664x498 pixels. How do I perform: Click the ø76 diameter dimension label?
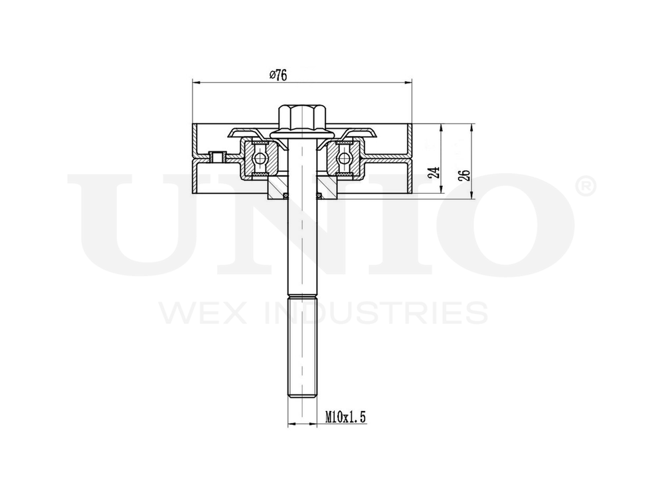[x=278, y=74]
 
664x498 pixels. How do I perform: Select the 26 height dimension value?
[x=465, y=175]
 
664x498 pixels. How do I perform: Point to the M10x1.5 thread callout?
[x=346, y=417]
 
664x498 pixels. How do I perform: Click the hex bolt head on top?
[x=302, y=118]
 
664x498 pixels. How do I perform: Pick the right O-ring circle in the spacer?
[x=319, y=195]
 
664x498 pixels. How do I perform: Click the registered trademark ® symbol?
[x=584, y=187]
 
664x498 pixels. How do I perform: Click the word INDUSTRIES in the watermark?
[x=381, y=312]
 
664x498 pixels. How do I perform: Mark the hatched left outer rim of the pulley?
[x=195, y=159]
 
